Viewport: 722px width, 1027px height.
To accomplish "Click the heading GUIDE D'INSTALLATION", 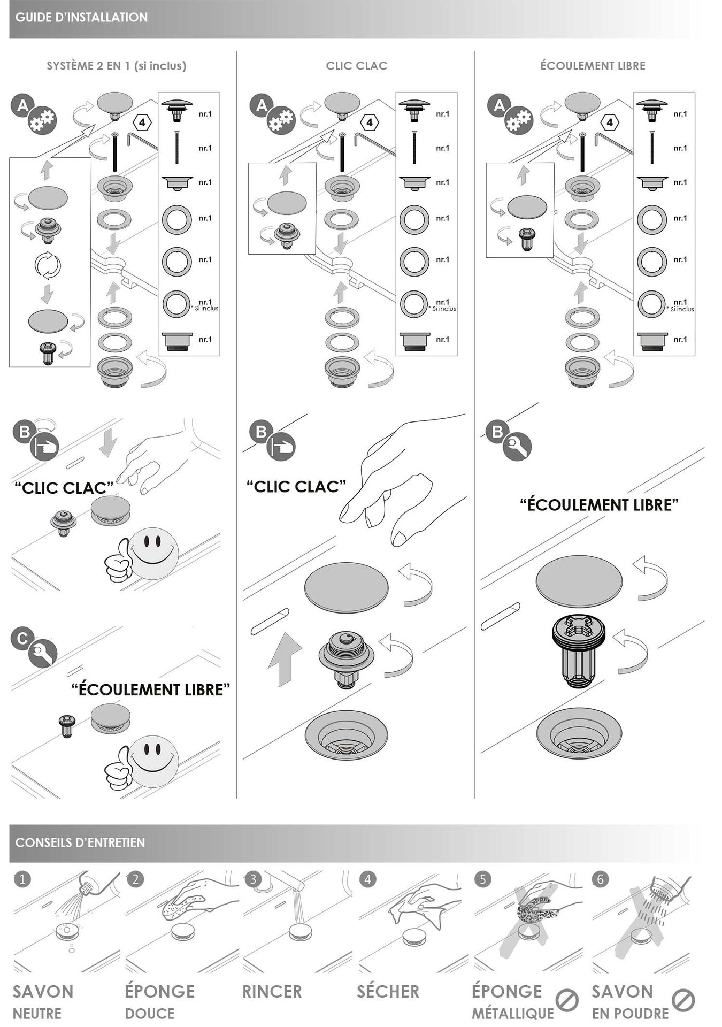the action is click(x=81, y=17).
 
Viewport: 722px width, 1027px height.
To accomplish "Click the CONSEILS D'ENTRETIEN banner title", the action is click(x=80, y=842).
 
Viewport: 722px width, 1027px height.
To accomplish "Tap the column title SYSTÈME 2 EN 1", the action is click(x=89, y=66).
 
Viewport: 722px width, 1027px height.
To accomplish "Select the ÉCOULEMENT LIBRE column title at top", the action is click(x=593, y=66).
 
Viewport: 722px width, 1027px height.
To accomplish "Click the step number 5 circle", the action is click(x=482, y=879).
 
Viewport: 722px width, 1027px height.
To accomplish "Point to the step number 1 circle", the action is click(x=22, y=879).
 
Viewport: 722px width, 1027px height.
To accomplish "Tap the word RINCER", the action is click(x=272, y=991).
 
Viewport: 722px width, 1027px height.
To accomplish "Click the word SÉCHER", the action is click(x=388, y=991).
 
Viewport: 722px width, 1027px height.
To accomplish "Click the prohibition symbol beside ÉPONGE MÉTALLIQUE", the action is click(x=567, y=1000).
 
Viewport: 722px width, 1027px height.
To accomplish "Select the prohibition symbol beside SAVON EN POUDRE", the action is click(x=683, y=1000).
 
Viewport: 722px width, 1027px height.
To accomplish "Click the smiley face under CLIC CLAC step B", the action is click(x=153, y=553).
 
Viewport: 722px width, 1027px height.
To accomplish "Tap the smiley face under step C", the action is click(x=153, y=761).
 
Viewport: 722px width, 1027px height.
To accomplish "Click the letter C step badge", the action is click(x=23, y=638).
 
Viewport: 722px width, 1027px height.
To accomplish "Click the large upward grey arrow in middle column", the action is click(x=285, y=659).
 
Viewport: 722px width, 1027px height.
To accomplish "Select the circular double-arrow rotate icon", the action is click(x=48, y=265).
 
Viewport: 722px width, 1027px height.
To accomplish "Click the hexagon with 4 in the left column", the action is click(x=142, y=122).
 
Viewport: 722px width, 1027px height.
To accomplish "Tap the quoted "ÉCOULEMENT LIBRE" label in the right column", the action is click(x=600, y=504).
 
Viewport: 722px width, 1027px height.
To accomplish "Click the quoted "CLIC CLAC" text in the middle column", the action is click(x=296, y=486).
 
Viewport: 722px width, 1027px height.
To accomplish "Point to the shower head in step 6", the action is click(x=670, y=887).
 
